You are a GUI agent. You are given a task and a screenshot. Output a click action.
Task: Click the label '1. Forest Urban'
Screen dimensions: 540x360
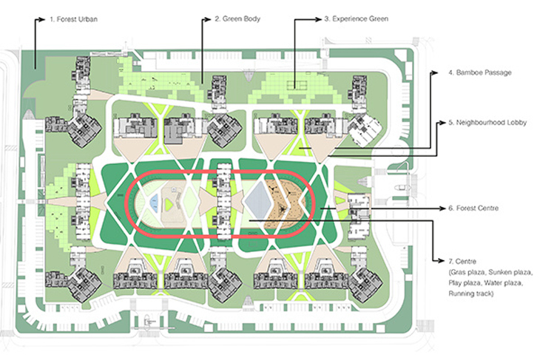[73, 19]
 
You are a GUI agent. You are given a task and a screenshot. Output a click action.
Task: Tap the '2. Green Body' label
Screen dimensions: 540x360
[237, 19]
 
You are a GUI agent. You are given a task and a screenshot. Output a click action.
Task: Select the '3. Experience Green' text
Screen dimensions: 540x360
[357, 19]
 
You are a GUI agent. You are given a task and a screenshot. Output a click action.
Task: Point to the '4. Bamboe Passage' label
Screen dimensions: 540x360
[480, 72]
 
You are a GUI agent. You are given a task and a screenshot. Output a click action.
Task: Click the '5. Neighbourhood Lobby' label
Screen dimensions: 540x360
[487, 123]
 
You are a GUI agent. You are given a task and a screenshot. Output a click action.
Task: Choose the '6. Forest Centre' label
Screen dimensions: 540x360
[473, 208]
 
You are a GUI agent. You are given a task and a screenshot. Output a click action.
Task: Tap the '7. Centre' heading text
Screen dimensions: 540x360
[462, 261]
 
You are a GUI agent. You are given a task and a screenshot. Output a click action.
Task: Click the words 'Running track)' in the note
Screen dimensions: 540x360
[470, 293]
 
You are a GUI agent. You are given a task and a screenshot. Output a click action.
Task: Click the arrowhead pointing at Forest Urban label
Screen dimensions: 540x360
[41, 19]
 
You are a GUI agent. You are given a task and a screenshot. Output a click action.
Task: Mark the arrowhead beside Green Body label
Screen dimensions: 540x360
[207, 19]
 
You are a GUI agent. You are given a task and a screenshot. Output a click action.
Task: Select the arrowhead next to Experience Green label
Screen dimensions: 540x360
[317, 20]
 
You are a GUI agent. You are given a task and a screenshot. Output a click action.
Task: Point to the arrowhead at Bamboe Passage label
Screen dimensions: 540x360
[435, 72]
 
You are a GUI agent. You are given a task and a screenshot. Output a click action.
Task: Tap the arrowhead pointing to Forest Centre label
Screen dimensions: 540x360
[442, 208]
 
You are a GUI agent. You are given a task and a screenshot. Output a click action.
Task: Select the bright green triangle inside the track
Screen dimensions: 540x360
[168, 204]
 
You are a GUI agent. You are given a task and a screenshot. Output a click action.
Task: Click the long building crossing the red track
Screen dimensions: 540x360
[223, 201]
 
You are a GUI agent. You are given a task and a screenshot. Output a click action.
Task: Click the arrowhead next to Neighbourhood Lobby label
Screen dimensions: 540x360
[442, 123]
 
